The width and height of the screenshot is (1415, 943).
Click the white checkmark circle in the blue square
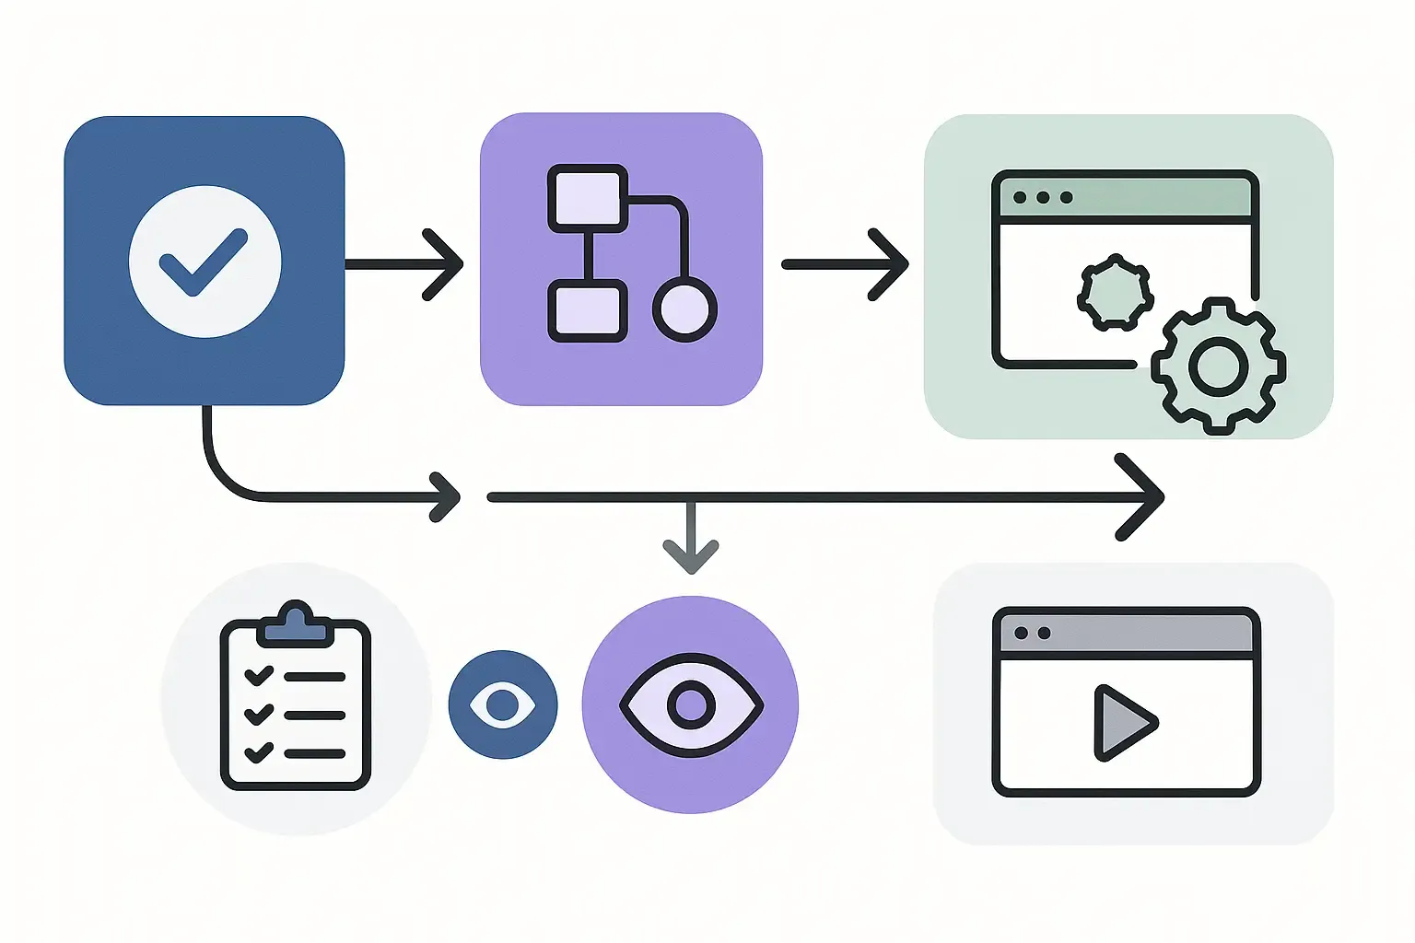pos(205,262)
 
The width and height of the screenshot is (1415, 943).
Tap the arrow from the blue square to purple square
pos(405,264)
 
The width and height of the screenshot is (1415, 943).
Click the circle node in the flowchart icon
pos(684,309)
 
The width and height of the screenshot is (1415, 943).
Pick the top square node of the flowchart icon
pos(588,198)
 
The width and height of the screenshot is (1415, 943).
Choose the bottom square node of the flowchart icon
pos(588,311)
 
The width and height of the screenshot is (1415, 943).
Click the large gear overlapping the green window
pos(1218,367)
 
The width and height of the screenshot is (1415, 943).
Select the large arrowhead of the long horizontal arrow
pos(1142,497)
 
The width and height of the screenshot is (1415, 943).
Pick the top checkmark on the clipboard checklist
pos(259,675)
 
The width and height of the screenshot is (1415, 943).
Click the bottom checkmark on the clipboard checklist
pos(259,752)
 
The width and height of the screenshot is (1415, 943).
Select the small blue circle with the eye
pos(502,705)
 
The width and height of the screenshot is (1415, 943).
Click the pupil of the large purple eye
pos(691,705)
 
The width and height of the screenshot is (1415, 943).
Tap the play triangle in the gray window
pos(1122,723)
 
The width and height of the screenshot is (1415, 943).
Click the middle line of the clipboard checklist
pos(314,715)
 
